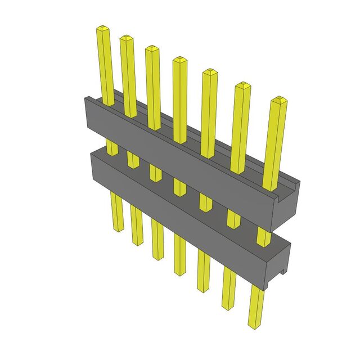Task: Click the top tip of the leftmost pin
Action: point(102,28)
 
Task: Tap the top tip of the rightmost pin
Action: point(278,101)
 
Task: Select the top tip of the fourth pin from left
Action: point(179,58)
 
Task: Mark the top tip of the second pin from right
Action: point(242,85)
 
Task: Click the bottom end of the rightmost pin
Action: point(254,325)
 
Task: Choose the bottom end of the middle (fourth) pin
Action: point(180,273)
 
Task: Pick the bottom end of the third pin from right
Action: point(204,289)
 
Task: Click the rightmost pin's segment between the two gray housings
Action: point(263,236)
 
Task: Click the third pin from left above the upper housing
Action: point(154,84)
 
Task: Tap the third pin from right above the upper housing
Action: point(209,112)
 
